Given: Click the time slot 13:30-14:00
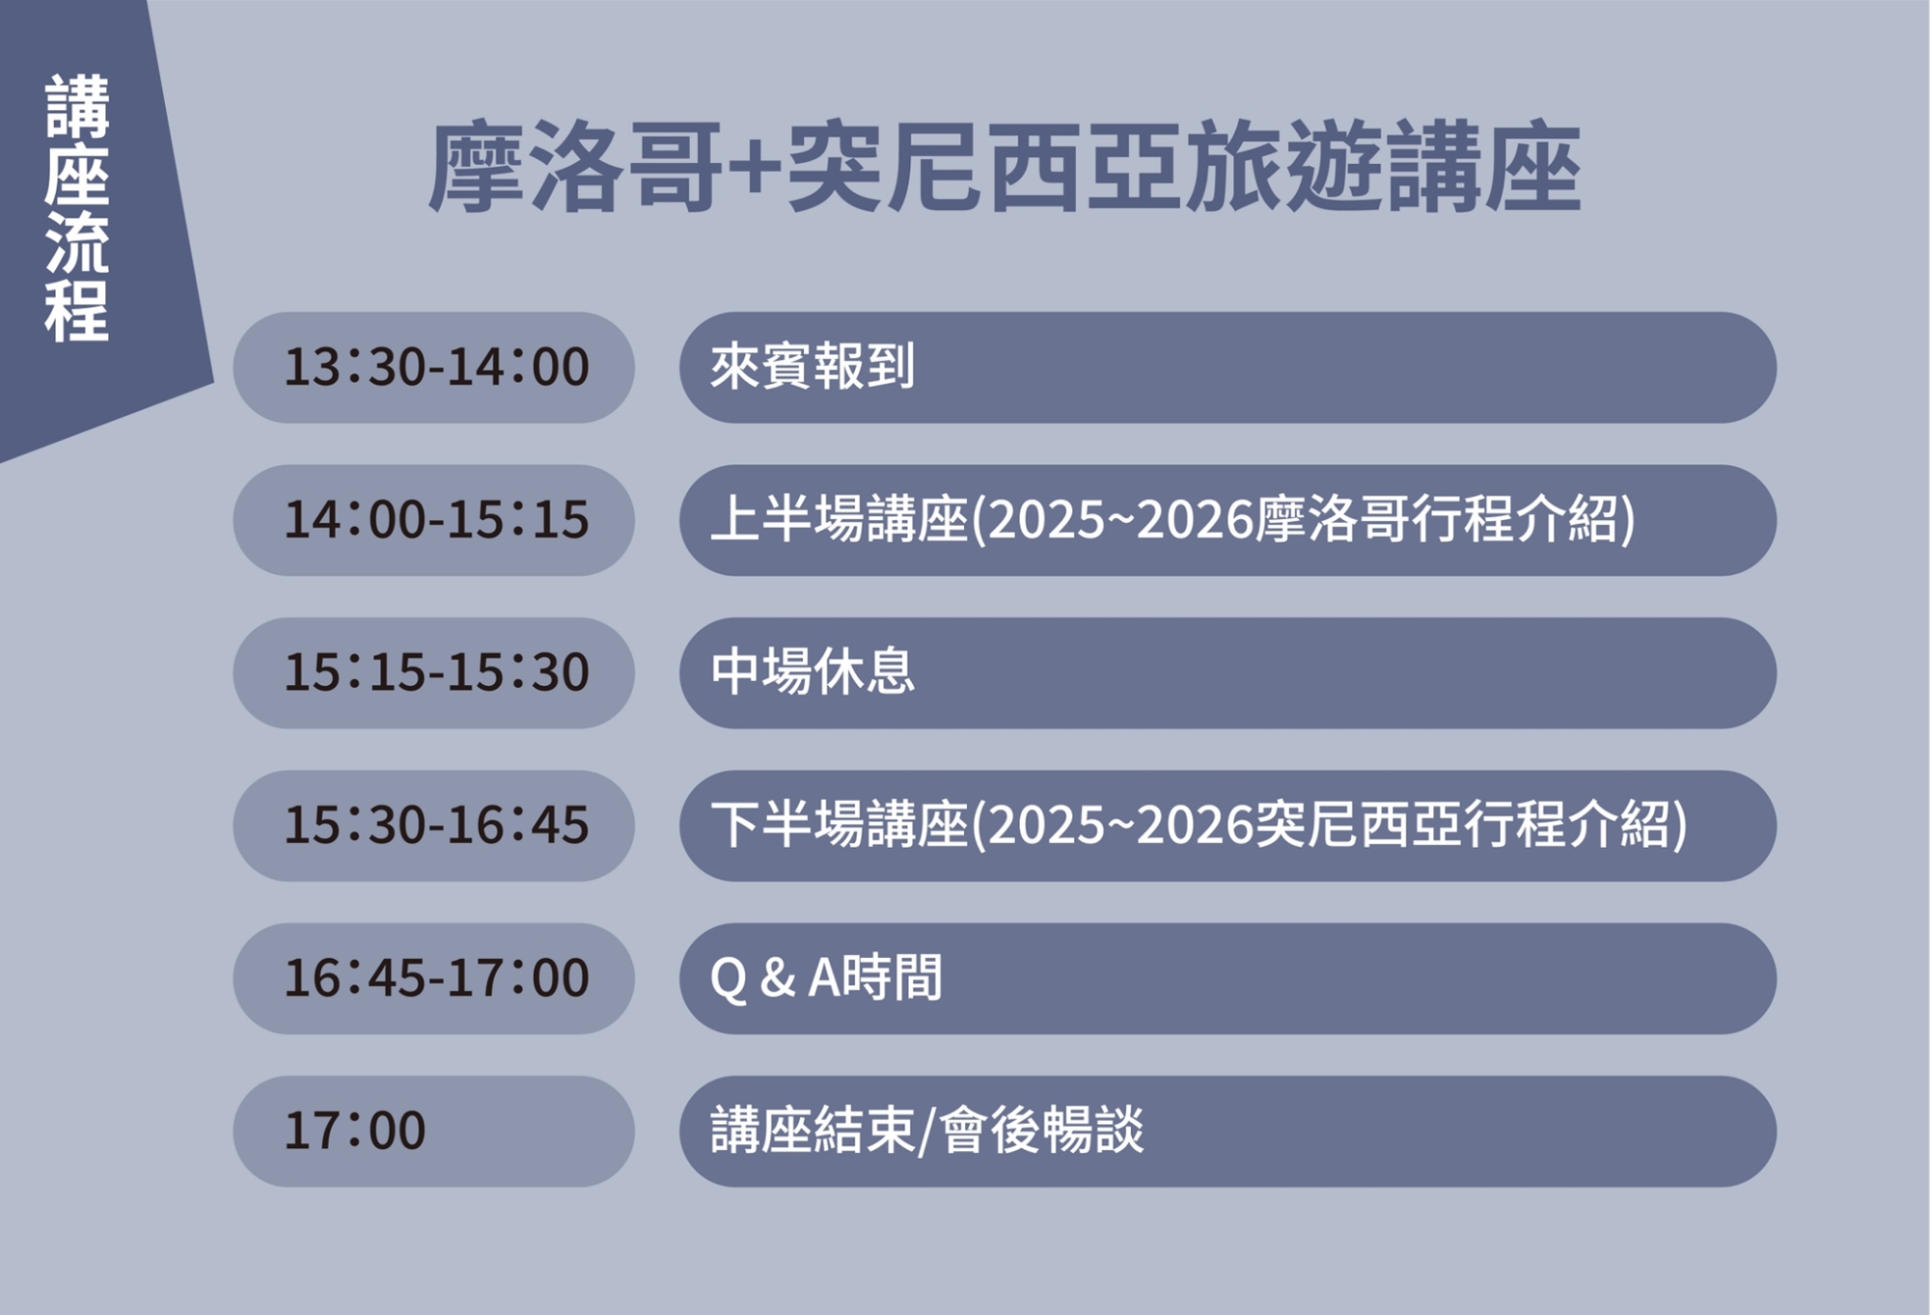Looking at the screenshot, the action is (433, 367).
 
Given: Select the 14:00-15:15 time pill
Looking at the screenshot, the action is (433, 520).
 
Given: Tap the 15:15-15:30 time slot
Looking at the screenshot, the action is (433, 672).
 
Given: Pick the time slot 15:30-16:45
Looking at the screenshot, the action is (433, 825).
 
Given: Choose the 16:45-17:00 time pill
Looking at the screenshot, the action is (433, 978).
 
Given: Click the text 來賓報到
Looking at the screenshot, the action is (813, 367).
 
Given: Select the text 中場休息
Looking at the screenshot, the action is (813, 671).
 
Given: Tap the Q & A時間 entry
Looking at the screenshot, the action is (826, 977).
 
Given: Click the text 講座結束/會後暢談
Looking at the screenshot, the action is (927, 1130).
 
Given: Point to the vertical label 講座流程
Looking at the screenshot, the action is (77, 207).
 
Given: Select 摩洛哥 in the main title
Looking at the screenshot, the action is (576, 167).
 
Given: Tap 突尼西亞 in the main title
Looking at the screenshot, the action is (984, 167).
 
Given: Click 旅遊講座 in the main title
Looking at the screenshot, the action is (1383, 167).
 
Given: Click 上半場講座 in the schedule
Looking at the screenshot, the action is (840, 519).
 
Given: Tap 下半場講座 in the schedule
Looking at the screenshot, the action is (840, 825).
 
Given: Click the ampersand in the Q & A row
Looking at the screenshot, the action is (778, 977).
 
